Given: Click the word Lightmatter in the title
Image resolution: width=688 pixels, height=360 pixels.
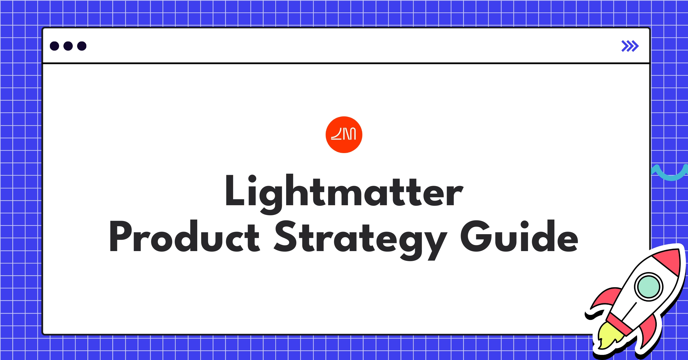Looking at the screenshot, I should (x=344, y=191).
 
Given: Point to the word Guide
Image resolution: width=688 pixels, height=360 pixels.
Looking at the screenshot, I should (x=519, y=236).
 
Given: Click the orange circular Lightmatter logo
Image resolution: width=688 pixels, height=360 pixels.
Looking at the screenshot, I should (x=344, y=135).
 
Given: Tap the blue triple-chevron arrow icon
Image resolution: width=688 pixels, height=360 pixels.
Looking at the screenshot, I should (x=630, y=46).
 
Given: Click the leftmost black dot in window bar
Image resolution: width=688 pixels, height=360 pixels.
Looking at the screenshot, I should (x=54, y=46).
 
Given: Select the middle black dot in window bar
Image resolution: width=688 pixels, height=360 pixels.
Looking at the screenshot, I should (x=68, y=46).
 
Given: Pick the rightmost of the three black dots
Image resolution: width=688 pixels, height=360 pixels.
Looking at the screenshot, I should (x=82, y=46).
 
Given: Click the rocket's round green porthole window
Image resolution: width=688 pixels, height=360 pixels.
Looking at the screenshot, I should (x=648, y=287).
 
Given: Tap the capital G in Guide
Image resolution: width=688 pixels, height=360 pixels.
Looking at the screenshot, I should (x=475, y=236).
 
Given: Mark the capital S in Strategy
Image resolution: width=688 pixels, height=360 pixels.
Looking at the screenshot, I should (x=285, y=236).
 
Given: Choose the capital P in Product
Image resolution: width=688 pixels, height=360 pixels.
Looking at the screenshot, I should (x=120, y=236).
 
